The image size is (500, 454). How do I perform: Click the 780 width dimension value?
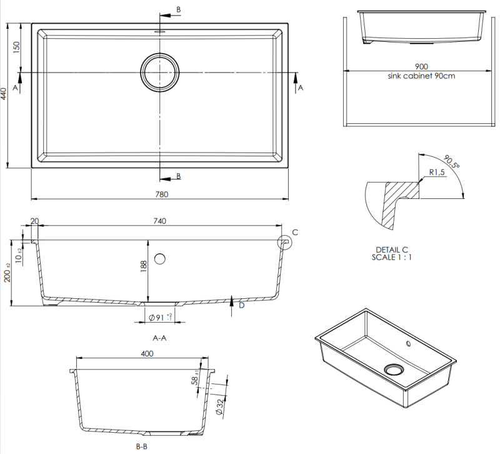161,194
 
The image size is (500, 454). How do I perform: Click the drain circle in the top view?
160,72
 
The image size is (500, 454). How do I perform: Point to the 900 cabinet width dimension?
421,67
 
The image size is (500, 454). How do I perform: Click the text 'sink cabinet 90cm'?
421,76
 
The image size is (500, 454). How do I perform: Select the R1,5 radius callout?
437,173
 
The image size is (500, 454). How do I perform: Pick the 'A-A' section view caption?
159,338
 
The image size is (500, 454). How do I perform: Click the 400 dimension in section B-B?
147,353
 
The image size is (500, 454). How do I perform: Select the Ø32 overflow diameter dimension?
220,406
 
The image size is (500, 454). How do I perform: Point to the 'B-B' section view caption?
141,446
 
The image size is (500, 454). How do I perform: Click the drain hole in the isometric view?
394,369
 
